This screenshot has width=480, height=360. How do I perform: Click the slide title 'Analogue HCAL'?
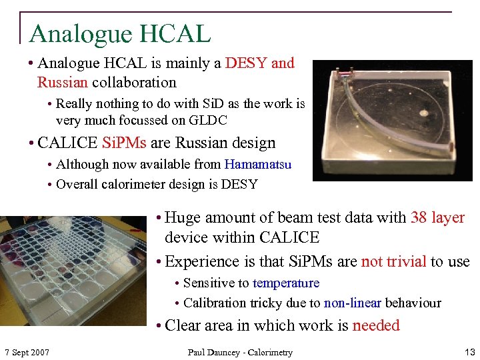[x=120, y=33]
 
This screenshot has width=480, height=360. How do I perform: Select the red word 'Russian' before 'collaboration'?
[x=63, y=83]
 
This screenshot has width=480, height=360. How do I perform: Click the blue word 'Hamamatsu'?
[x=258, y=164]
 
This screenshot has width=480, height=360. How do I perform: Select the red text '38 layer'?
[x=438, y=217]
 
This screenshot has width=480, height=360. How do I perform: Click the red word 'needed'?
[x=376, y=325]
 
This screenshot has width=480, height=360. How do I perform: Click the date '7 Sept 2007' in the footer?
[x=27, y=352]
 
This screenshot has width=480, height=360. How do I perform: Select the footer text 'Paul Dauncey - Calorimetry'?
[x=240, y=352]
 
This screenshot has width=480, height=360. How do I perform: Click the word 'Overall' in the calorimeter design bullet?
[x=78, y=184]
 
